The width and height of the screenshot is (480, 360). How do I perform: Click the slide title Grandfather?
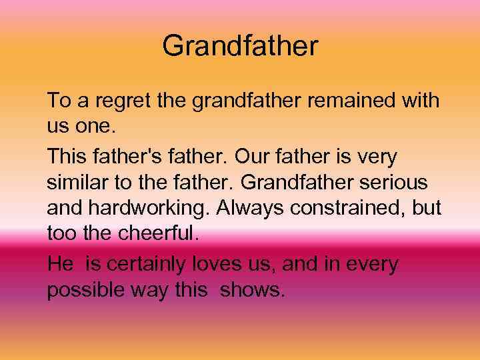click(x=240, y=47)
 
